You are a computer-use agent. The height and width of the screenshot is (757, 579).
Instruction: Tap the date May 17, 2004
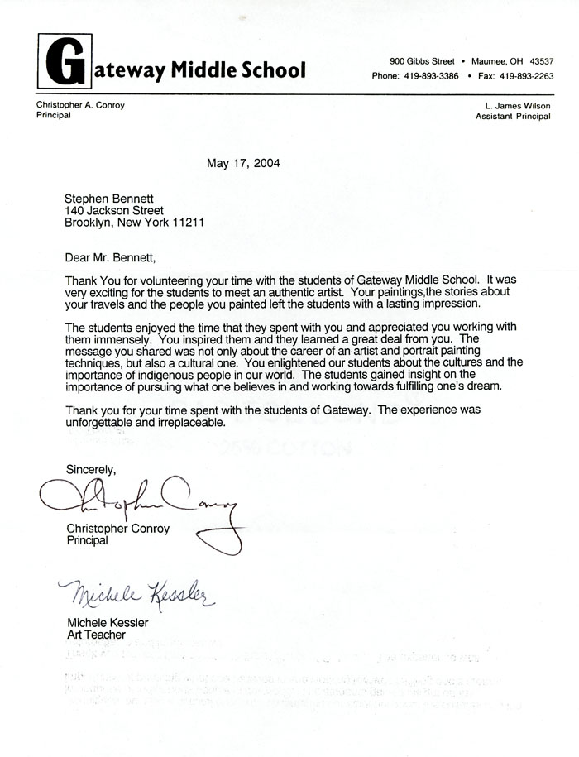coord(243,163)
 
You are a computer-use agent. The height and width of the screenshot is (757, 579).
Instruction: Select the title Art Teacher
coord(96,635)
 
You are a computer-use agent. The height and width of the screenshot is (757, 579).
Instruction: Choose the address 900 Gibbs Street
coord(422,62)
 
